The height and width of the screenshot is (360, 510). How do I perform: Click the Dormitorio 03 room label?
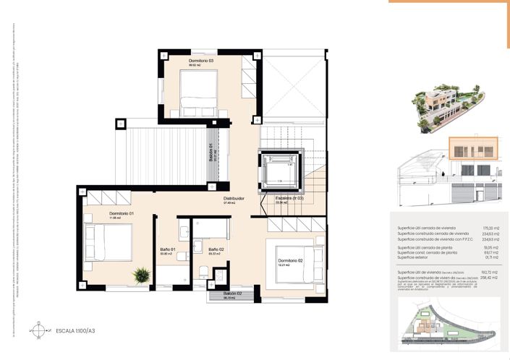click(x=201, y=61)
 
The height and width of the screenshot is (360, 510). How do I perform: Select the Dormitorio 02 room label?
click(x=289, y=260)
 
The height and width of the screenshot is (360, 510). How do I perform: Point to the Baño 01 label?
click(x=168, y=250)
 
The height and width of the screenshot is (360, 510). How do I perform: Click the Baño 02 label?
click(x=216, y=250)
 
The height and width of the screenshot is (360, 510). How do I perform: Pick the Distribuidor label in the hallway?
click(x=233, y=198)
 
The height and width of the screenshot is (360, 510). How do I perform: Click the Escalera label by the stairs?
click(x=289, y=198)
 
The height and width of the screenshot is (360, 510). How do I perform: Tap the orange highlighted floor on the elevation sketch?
click(x=469, y=148)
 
